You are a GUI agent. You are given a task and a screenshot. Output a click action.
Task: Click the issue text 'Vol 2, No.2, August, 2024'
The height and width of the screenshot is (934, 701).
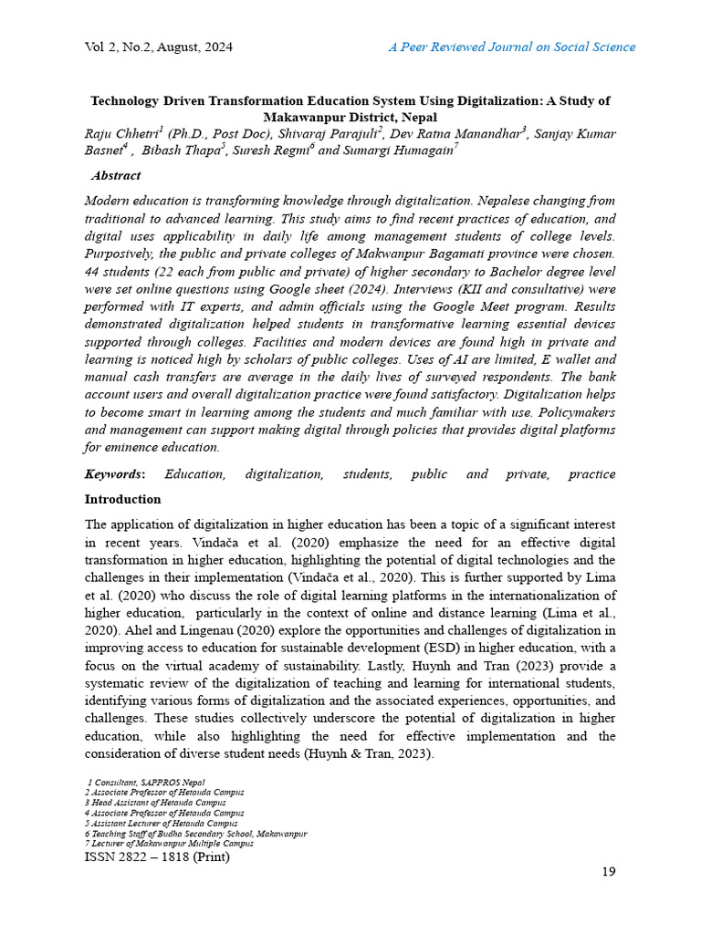pyautogui.click(x=158, y=47)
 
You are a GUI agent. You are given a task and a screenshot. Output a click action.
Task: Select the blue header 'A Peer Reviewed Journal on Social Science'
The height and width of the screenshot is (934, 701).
pyautogui.click(x=512, y=47)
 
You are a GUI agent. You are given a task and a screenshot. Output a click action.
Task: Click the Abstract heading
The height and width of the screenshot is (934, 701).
pyautogui.click(x=116, y=176)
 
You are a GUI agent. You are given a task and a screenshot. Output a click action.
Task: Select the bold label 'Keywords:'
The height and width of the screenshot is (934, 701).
pyautogui.click(x=114, y=474)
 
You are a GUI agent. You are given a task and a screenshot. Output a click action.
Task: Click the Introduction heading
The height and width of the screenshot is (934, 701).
pyautogui.click(x=122, y=500)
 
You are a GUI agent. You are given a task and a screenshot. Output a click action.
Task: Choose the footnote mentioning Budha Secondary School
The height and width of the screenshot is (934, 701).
pyautogui.click(x=195, y=834)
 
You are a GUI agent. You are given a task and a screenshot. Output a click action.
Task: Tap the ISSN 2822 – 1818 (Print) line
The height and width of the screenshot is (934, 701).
pyautogui.click(x=157, y=857)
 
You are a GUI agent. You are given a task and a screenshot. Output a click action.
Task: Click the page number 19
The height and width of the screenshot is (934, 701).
pyautogui.click(x=608, y=872)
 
